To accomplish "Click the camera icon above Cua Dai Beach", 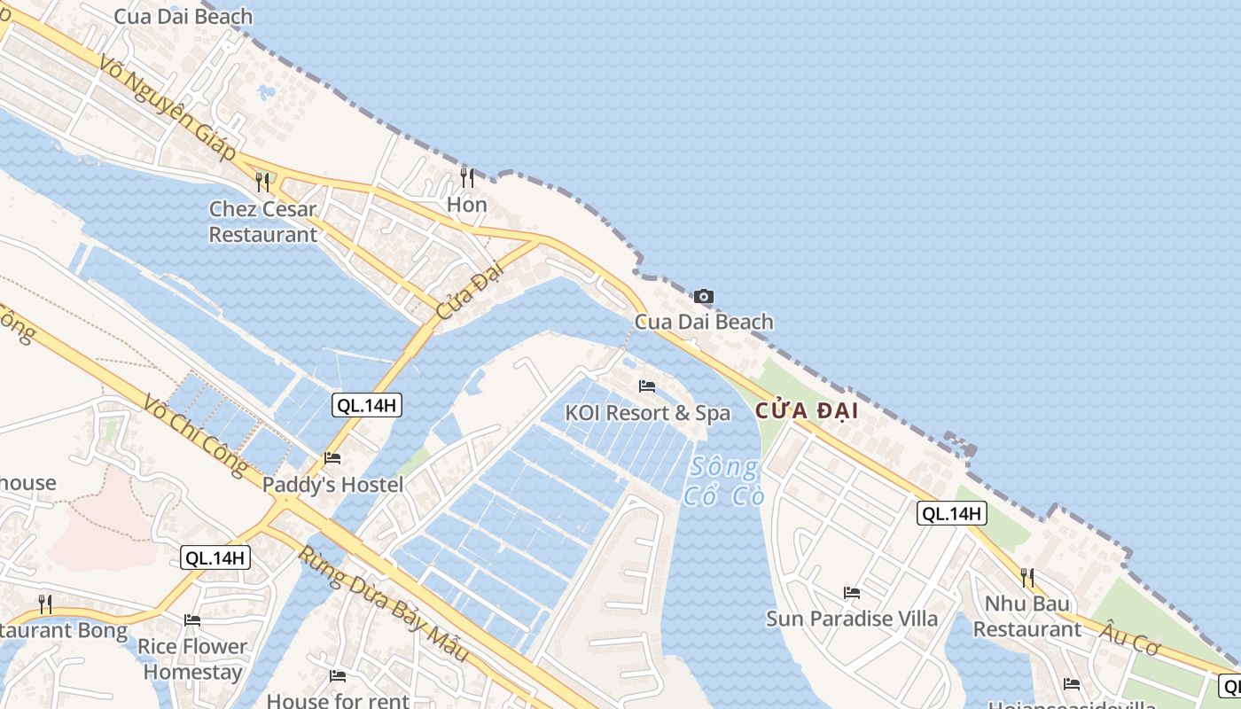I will click(x=703, y=296).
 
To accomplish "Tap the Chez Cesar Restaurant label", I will click(x=262, y=222).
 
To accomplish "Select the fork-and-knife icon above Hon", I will click(x=467, y=178).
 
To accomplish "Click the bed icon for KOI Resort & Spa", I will click(x=647, y=386).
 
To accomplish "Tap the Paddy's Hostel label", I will click(x=332, y=485).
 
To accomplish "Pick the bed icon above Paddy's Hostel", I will click(x=332, y=457).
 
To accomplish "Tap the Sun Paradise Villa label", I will click(x=852, y=619).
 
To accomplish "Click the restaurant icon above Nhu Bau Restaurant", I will click(x=1026, y=578).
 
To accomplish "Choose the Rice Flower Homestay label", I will click(x=192, y=659).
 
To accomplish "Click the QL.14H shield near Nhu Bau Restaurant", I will click(x=951, y=513).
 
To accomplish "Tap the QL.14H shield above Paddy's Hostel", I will click(x=367, y=406).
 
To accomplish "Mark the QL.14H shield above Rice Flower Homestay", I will click(x=215, y=558).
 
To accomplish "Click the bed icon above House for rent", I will click(x=338, y=676).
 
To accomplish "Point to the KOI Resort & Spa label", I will click(x=648, y=413).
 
